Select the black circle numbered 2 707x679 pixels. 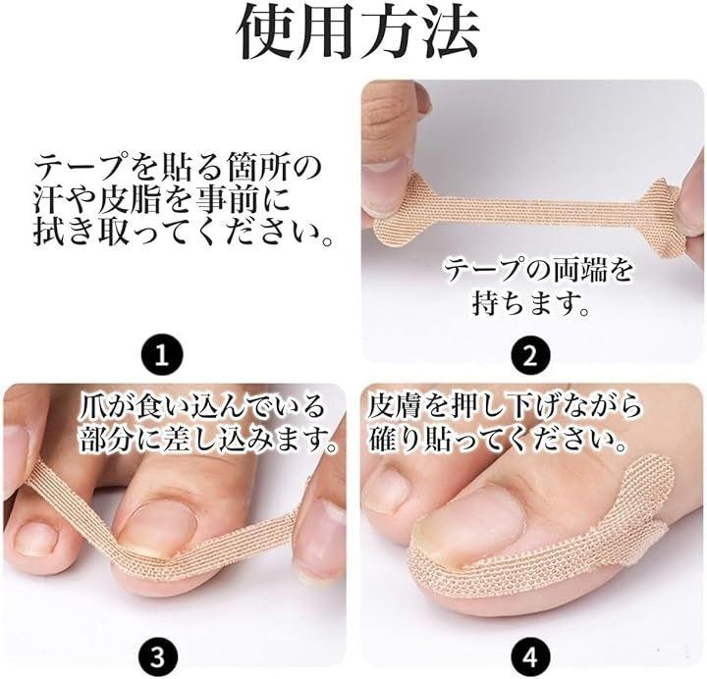(x=530, y=354)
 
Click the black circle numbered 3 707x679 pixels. (x=157, y=657)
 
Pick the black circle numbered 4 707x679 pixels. (x=530, y=657)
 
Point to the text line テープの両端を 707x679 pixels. (x=539, y=272)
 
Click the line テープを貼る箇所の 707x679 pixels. (x=178, y=168)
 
